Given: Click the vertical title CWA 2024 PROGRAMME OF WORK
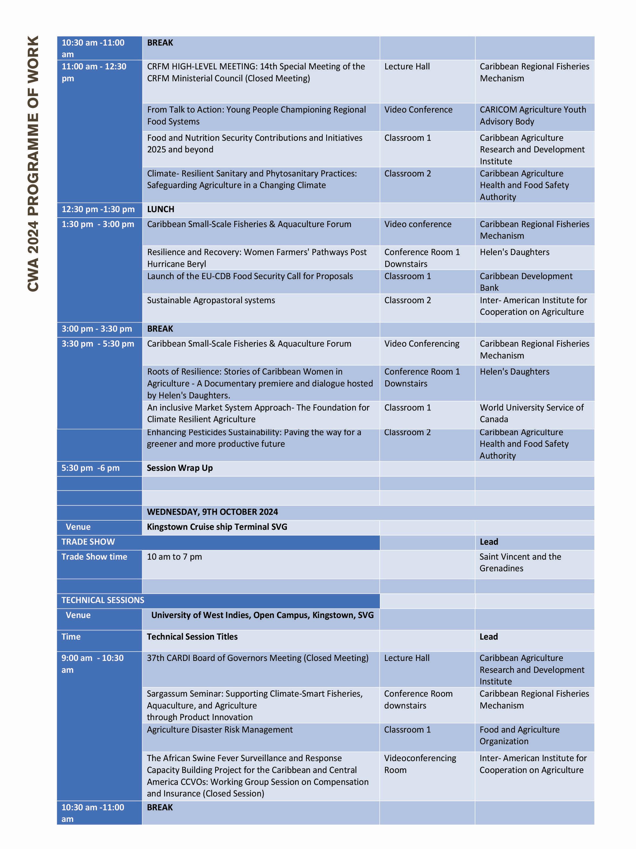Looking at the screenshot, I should point(33,164).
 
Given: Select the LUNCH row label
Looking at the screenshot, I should point(160,209).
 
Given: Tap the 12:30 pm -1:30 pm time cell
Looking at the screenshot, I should point(98,209).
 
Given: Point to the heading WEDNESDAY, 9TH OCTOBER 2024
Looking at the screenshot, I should point(212,512).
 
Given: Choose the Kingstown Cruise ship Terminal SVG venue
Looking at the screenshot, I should point(217,527).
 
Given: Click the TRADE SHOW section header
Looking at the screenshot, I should point(88,542).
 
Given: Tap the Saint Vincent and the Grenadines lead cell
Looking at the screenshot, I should point(520,562).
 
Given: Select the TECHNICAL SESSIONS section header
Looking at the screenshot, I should point(103,600).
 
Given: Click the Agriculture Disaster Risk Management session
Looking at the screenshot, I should point(220,730).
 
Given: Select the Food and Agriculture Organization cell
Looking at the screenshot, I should point(520,735).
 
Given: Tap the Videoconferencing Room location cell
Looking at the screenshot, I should point(420,764).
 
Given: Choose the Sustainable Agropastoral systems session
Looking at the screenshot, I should point(211,300).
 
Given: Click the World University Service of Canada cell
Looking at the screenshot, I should point(532,413).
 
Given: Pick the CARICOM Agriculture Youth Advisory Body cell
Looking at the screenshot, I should point(533,116).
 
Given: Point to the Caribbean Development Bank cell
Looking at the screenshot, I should point(526,282).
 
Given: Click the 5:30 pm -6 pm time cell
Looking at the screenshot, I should point(91,468).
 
